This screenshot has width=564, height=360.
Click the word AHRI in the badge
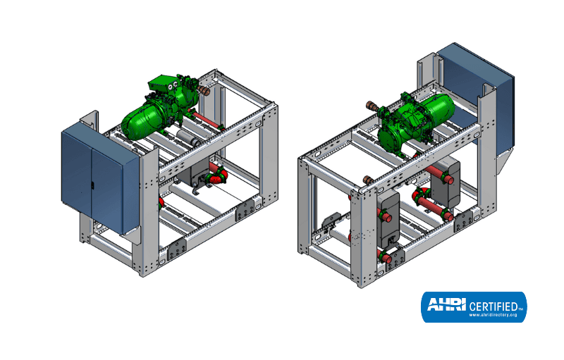[446, 304]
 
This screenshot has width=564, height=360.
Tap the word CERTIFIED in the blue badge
[493, 306]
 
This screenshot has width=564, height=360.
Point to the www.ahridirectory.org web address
[493, 315]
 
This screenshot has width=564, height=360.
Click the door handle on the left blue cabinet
[92, 185]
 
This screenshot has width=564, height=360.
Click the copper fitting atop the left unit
[204, 89]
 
